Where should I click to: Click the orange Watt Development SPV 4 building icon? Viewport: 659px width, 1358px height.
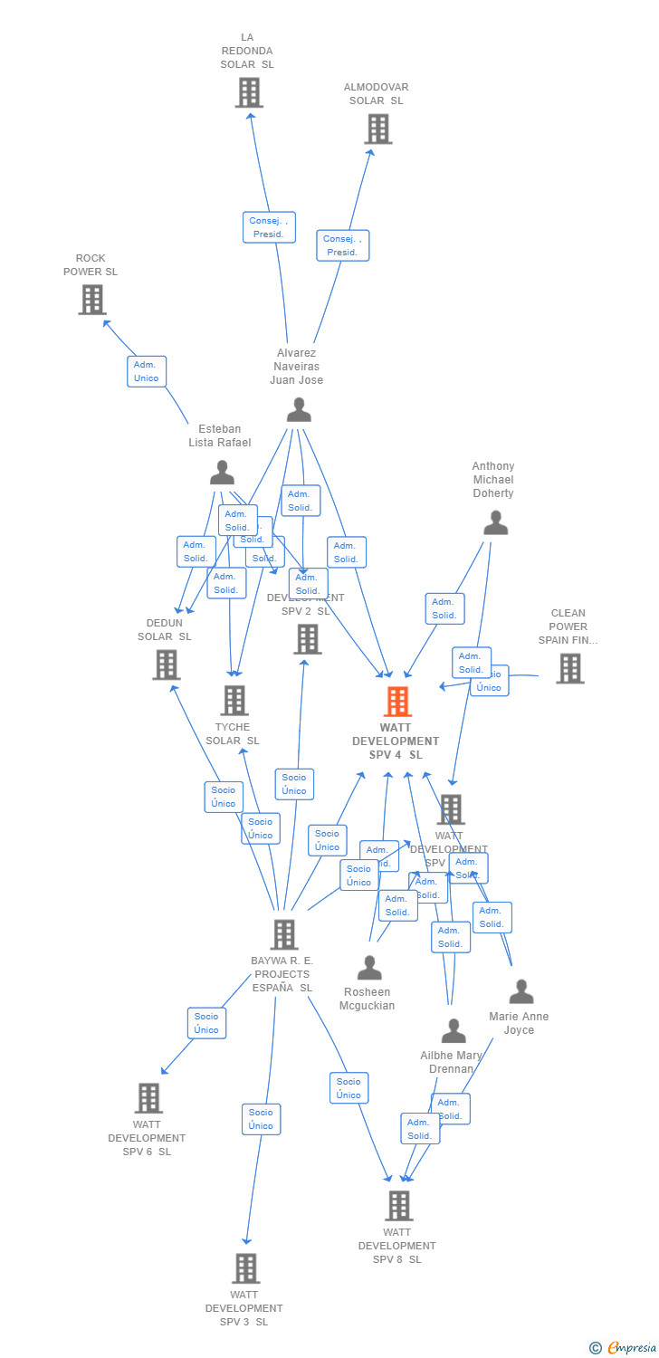coord(397,702)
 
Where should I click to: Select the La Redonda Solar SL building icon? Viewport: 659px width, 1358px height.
coord(249,92)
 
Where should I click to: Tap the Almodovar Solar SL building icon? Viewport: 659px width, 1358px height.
coord(377,129)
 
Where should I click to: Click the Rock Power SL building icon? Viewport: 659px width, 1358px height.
coord(92,300)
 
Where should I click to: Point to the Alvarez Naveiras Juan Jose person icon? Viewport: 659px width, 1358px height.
coord(299,410)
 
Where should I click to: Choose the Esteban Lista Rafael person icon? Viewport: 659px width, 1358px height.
coord(222,473)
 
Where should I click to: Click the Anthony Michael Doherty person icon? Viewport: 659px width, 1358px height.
coord(495,523)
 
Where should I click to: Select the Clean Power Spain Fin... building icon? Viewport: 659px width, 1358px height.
coord(569,668)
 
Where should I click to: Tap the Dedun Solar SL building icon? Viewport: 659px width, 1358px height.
coord(166,665)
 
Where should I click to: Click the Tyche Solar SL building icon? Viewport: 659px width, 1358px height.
coord(234,700)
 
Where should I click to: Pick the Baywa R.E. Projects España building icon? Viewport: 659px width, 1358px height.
coord(284,934)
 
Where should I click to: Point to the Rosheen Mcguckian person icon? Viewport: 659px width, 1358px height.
coord(369,968)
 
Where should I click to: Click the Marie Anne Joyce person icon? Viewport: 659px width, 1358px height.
coord(521,992)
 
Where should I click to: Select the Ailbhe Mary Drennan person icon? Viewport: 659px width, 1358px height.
coord(453,1031)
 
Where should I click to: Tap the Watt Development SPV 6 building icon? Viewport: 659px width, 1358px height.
coord(148,1098)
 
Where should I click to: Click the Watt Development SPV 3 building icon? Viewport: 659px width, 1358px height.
coord(246,1268)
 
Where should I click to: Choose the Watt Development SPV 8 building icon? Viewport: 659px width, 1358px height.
coord(398,1206)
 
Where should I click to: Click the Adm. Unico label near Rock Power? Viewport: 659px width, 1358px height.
coord(146,371)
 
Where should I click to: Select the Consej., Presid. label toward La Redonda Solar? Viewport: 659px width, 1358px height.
coord(269,227)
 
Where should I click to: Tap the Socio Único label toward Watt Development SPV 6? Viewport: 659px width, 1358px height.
coord(206,1023)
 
